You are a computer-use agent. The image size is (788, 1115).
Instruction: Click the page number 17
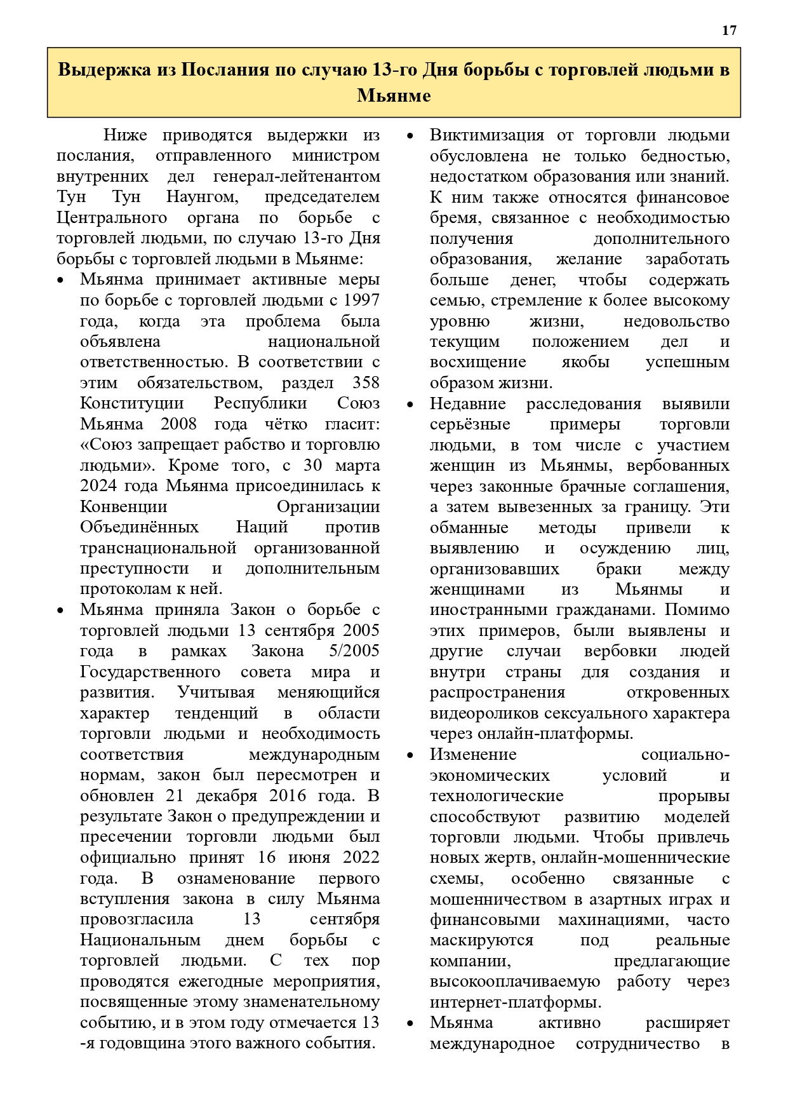[x=729, y=30]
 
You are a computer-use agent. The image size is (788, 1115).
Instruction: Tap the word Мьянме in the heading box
[x=394, y=96]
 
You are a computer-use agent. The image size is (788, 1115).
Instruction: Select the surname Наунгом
[x=202, y=197]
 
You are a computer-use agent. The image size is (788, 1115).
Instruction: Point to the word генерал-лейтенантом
[x=297, y=176]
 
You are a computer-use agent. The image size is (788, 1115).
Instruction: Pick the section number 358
[x=366, y=382]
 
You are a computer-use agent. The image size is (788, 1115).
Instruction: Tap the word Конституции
[x=132, y=403]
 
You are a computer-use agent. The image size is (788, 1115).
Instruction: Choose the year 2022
[x=361, y=858]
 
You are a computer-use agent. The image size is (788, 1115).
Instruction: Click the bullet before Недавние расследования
[x=410, y=405]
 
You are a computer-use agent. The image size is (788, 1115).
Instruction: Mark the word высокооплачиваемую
[x=515, y=982]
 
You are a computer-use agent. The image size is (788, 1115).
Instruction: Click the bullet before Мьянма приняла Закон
[x=60, y=611]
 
